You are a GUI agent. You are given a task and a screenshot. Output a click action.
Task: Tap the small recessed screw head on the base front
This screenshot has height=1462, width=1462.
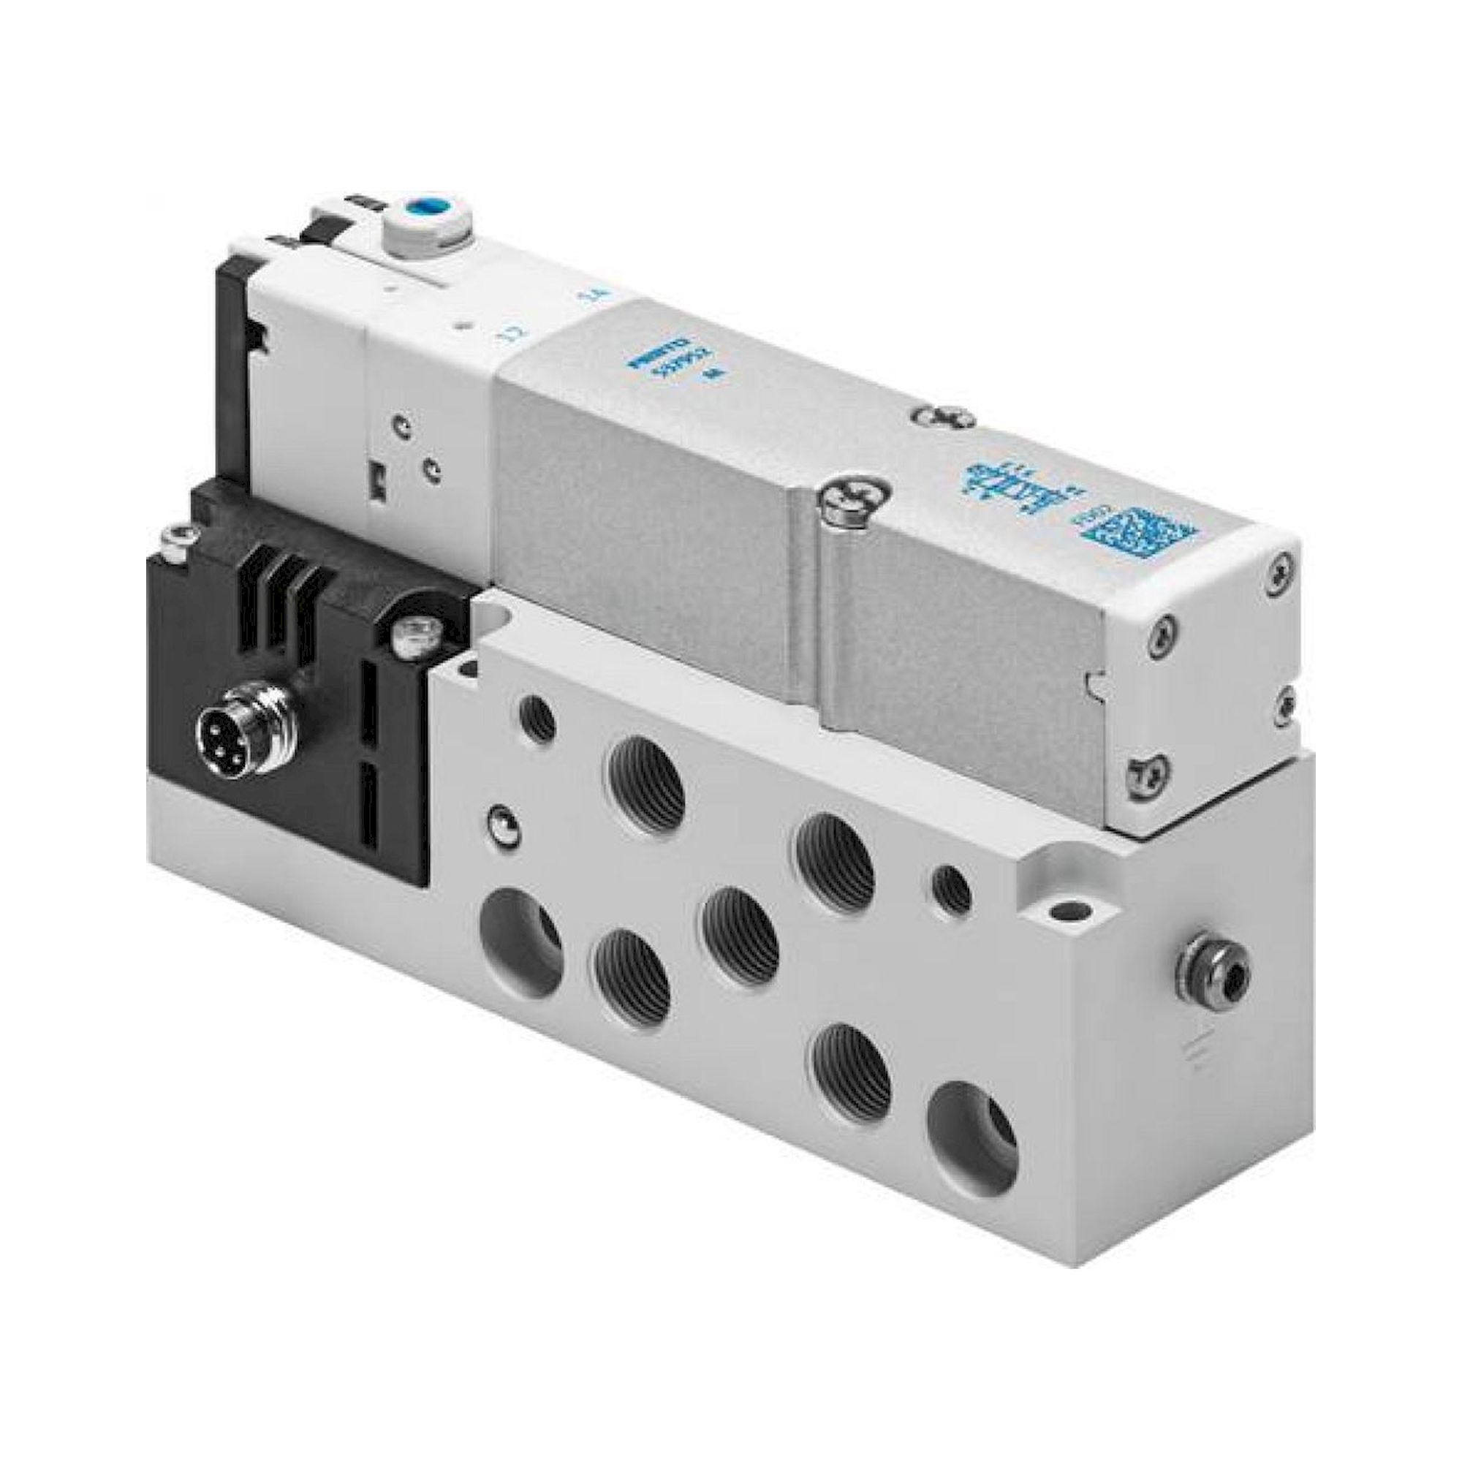[x=498, y=818]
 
